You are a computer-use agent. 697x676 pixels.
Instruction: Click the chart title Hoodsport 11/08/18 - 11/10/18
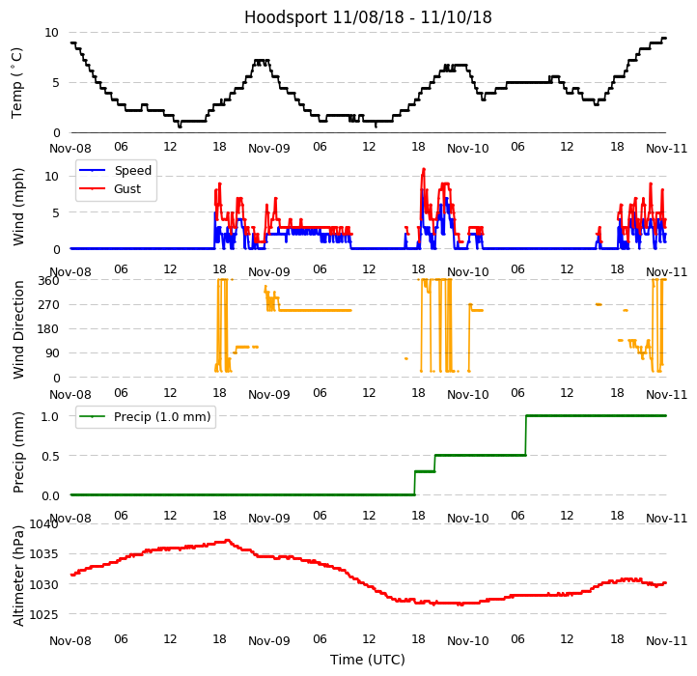368,17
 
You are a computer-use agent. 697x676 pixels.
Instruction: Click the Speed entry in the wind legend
132,170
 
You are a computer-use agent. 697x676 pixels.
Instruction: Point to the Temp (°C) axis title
18,82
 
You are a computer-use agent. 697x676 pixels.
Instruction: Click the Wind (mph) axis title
18,206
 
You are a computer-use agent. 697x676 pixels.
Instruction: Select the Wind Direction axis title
18,328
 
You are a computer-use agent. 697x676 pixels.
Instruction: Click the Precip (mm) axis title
18,451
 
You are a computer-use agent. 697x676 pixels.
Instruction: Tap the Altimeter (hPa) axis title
18,575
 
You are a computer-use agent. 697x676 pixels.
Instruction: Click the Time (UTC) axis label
368,660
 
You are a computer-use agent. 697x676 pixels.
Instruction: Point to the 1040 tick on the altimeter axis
44,524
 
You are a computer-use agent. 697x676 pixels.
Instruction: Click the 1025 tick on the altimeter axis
44,614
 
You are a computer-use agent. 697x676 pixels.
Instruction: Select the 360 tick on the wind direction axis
48,280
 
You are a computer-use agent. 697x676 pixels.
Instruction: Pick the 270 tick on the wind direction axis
48,304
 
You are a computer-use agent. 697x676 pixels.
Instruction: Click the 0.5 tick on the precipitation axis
50,456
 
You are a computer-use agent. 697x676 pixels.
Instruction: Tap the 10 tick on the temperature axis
52,32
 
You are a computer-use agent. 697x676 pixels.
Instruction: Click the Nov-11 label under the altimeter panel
667,640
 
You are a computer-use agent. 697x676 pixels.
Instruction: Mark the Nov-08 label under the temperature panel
70,148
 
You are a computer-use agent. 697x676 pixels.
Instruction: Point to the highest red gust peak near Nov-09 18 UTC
424,169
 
